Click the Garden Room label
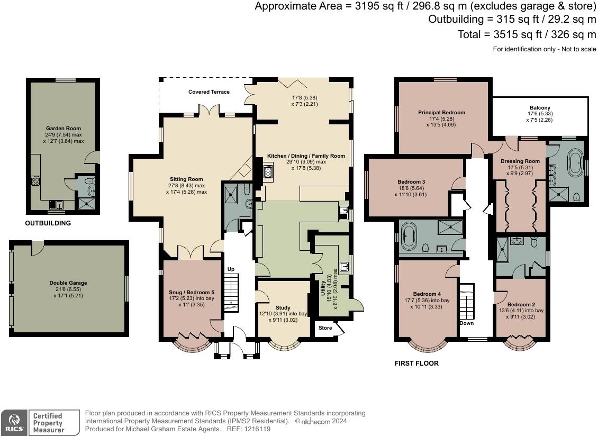pyautogui.click(x=64, y=129)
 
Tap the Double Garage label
pyautogui.click(x=68, y=283)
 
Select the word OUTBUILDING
pyautogui.click(x=48, y=223)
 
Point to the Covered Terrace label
pyautogui.click(x=209, y=92)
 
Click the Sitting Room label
pyautogui.click(x=186, y=179)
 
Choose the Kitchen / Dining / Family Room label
pyautogui.click(x=306, y=156)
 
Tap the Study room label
pyautogui.click(x=283, y=308)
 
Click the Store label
pyautogui.click(x=325, y=328)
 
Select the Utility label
pyautogui.click(x=323, y=288)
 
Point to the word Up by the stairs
pyautogui.click(x=231, y=269)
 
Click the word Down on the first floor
pyautogui.click(x=466, y=323)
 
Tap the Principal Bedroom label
pyautogui.click(x=442, y=113)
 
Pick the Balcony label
pyautogui.click(x=540, y=108)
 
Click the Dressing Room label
pyautogui.click(x=520, y=161)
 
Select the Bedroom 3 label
pyautogui.click(x=411, y=182)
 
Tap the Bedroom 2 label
pyautogui.click(x=521, y=304)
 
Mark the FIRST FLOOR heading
pyautogui.click(x=416, y=364)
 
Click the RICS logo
pyautogui.click(x=14, y=423)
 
